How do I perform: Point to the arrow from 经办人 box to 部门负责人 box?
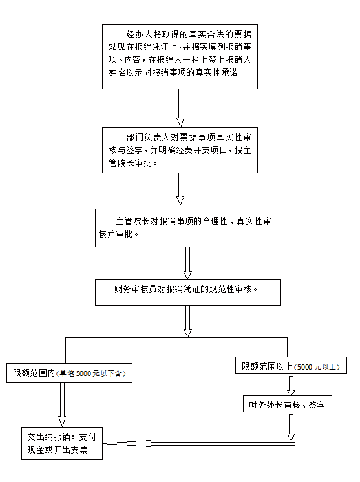(180, 108)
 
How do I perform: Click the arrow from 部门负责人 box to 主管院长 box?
(180, 189)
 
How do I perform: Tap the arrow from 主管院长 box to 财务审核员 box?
(187, 264)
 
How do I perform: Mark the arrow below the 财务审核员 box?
(187, 321)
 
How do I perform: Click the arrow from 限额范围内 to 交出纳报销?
(62, 405)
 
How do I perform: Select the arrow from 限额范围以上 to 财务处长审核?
(291, 385)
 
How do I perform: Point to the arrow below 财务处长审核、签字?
(291, 427)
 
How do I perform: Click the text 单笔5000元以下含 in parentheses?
(91, 373)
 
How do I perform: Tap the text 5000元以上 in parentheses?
(317, 367)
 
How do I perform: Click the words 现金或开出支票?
(58, 450)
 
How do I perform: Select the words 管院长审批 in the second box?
(131, 163)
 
